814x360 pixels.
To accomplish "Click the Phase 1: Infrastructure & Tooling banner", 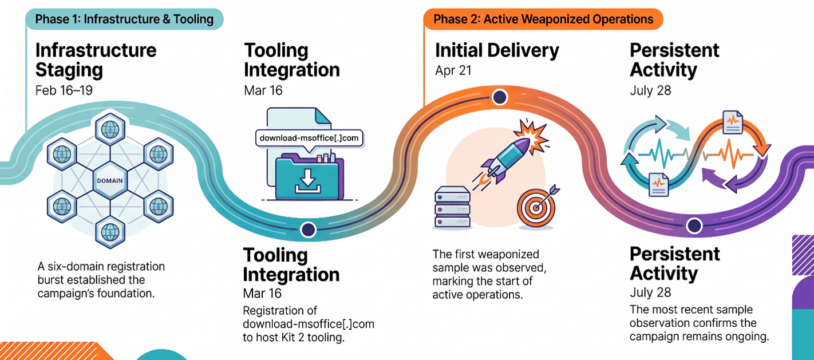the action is [124, 19].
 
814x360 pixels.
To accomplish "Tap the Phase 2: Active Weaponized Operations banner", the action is [543, 19].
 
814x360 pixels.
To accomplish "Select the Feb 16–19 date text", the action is [64, 90].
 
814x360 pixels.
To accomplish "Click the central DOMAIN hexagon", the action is [110, 180].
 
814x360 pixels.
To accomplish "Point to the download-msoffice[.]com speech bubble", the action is [309, 138].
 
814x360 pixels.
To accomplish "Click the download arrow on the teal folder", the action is [308, 180].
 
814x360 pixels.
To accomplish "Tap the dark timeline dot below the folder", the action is [308, 230].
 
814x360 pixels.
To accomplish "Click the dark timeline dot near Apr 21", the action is [500, 97].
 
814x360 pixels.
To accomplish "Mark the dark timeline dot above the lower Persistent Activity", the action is [694, 226].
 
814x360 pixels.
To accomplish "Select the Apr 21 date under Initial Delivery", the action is [453, 70].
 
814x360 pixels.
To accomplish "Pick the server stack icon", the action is [452, 207].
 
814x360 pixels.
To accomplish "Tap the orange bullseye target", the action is [536, 208].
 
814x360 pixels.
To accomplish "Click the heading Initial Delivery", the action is [497, 50].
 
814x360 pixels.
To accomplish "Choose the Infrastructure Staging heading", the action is [96, 60].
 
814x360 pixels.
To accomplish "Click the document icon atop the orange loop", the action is [733, 122].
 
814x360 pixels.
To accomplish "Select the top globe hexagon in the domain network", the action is [110, 129].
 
